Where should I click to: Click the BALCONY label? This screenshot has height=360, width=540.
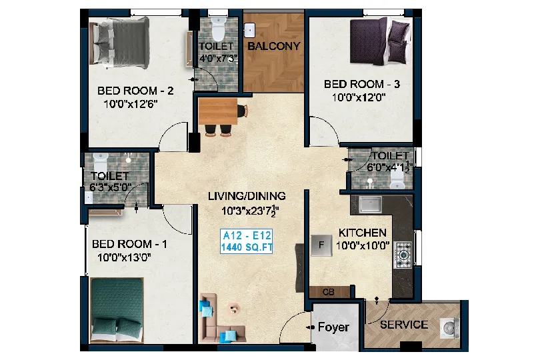coord(274,46)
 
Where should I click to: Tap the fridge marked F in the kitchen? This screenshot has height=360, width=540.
coord(321,245)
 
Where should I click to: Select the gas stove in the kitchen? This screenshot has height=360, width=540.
coord(403,255)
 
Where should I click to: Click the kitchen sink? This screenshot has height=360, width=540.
coord(370,205)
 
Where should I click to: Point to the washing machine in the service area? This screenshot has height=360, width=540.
coord(449,327)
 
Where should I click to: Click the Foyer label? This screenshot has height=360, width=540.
coord(333,327)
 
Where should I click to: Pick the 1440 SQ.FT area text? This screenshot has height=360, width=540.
coord(247,247)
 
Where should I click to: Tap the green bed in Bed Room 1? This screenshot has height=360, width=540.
coord(117,310)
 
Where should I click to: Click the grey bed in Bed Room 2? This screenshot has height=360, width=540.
coord(119,43)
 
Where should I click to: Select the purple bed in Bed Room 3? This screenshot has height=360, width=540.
coord(381,41)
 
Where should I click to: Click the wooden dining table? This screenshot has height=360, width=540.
coord(218,111)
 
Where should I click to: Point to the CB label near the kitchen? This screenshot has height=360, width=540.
coord(328,292)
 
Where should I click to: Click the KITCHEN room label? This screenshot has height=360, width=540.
coord(362,233)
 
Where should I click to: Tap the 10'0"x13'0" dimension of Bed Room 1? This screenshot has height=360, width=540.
coord(124,257)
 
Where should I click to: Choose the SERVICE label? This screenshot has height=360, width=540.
coord(404,325)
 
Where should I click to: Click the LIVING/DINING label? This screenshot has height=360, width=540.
coord(247,196)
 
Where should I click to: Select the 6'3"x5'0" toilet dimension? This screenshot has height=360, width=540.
coord(111,187)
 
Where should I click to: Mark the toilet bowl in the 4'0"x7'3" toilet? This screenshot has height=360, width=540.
coord(218,29)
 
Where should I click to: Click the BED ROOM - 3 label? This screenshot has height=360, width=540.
coord(361,84)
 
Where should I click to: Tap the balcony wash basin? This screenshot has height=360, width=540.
coord(250,30)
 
